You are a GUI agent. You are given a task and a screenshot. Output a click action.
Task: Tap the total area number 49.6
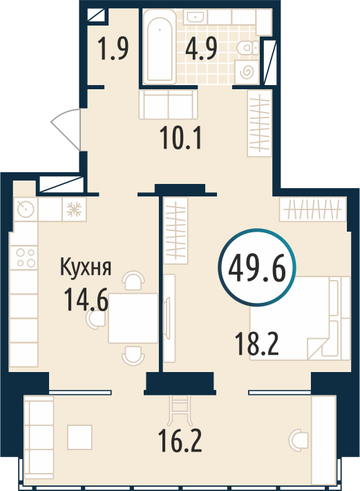point(257,268)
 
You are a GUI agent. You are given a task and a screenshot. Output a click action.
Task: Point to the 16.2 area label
point(180,441)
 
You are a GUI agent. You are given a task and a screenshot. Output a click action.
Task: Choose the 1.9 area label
point(113,48)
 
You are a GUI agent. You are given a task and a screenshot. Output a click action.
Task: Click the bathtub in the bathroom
point(160,46)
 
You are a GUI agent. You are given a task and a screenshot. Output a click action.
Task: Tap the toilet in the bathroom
point(248,49)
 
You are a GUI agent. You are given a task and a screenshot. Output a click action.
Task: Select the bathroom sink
point(194,17)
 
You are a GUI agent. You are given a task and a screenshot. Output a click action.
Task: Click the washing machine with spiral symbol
point(247,73)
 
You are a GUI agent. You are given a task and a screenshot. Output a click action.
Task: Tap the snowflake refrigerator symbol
point(75,209)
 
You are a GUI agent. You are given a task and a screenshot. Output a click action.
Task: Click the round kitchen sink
point(26,209)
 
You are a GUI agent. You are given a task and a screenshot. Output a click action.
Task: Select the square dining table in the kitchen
point(133,318)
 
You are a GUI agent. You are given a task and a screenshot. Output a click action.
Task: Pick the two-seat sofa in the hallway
point(169,104)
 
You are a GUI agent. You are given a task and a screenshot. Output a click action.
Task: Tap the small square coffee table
point(79,437)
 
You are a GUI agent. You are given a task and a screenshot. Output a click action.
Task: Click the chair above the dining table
point(133,280)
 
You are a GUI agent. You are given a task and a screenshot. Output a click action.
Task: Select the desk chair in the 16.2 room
point(299,441)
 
